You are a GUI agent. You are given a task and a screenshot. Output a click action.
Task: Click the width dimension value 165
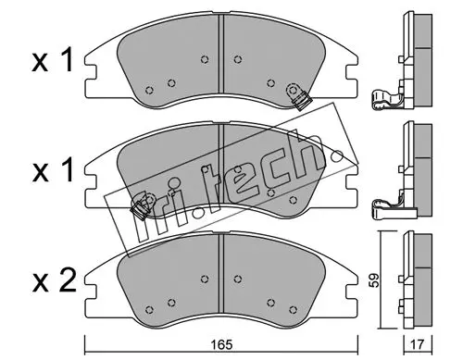[221, 345]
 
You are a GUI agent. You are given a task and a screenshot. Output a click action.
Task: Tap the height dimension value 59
[374, 280]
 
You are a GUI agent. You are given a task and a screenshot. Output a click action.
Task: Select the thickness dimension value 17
[418, 344]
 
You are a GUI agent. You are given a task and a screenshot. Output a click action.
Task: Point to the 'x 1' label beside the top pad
[53, 59]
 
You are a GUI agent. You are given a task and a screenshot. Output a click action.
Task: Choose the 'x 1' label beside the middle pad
[53, 170]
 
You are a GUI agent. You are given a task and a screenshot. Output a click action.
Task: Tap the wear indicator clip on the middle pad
[140, 207]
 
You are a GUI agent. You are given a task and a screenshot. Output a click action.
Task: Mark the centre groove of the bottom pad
[221, 273]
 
